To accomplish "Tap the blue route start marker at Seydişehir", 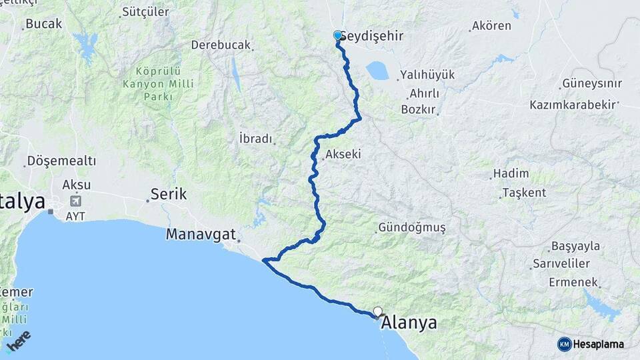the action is [337, 36].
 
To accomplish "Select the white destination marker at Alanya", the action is [378, 311].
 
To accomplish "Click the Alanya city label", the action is [409, 323].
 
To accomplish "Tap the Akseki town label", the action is [343, 154].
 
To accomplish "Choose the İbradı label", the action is [255, 139].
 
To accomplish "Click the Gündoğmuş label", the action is [411, 227].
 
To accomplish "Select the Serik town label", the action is [167, 194].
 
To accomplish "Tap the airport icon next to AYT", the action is [75, 200].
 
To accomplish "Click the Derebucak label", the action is [221, 45].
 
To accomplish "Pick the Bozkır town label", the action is [419, 109].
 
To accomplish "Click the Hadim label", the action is [511, 173].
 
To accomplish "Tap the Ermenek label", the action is [573, 282].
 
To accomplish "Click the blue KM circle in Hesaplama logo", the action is [564, 344].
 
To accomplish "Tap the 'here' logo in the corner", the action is [21, 342].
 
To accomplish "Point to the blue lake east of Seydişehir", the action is [378, 70].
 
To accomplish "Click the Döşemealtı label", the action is [61, 161].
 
